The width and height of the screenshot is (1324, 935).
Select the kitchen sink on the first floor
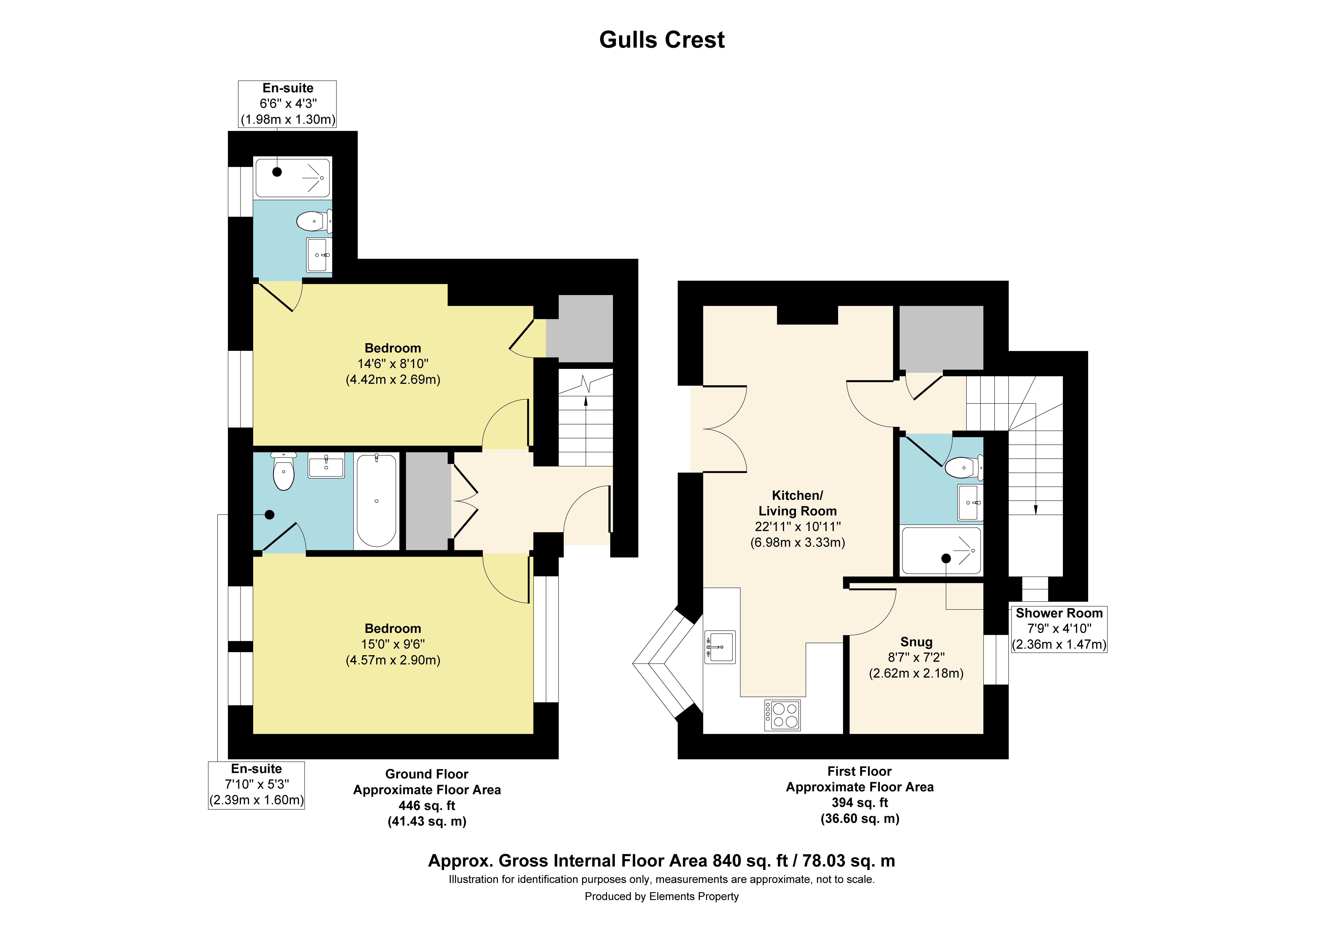coord(720,647)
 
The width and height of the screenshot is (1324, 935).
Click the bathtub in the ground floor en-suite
coord(376,500)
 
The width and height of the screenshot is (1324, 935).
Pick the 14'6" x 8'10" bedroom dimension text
coord(393,364)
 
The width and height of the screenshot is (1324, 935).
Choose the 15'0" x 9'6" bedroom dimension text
coord(393,644)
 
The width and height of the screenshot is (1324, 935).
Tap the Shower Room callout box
coord(1059,629)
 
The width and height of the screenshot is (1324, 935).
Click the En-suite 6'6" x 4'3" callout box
coord(287,104)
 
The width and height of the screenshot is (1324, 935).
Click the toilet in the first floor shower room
coord(963,467)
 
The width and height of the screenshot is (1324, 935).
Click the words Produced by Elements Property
coord(661,896)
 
